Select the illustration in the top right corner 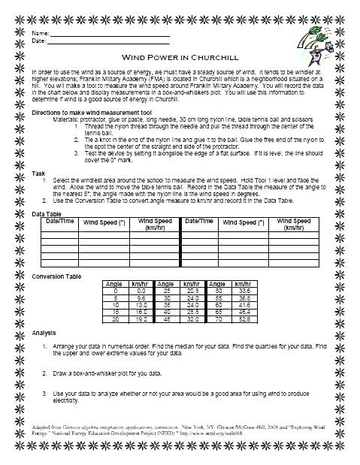(316, 41)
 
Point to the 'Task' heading (39, 173)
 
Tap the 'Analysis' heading (44, 332)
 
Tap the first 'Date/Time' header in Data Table (59, 222)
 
